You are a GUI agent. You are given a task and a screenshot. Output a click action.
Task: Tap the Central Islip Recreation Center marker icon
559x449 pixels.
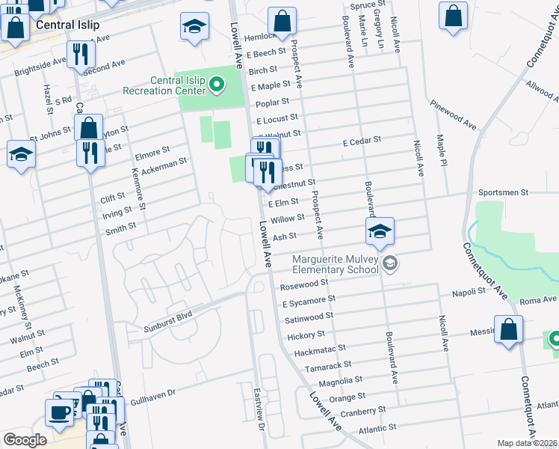click(x=217, y=85)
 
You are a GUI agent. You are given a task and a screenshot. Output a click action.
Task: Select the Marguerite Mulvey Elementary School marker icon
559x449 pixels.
click(x=389, y=263)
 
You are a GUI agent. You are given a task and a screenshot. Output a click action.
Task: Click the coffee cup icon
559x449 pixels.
click(x=60, y=412)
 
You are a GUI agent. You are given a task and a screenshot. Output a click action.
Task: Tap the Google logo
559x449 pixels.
click(x=25, y=440)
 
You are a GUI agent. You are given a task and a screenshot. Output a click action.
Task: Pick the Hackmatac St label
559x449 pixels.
click(x=320, y=348)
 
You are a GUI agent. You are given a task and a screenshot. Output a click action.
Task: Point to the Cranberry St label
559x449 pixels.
click(x=356, y=412)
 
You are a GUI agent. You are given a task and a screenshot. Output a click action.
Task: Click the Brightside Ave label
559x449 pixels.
click(x=42, y=65)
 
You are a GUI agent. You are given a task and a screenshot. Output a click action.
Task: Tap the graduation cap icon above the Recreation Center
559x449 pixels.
click(x=194, y=27)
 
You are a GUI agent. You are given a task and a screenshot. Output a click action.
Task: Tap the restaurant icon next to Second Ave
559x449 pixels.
click(x=81, y=53)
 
